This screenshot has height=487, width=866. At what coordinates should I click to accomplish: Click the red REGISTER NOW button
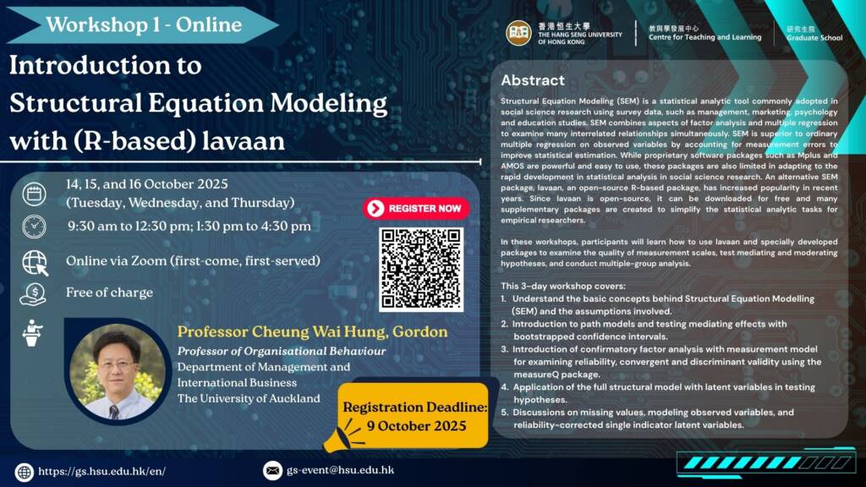click(416, 208)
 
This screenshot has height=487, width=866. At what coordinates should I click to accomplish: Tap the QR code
click(421, 269)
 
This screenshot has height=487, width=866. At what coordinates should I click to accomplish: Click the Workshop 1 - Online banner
click(142, 25)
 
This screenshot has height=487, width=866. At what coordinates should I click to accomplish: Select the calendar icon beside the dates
click(34, 194)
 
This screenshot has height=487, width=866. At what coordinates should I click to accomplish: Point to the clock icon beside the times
click(34, 227)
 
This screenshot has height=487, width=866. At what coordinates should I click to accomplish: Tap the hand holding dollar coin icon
click(33, 294)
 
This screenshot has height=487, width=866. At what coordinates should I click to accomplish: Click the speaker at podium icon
click(33, 333)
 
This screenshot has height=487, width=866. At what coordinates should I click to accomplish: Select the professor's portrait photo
click(118, 372)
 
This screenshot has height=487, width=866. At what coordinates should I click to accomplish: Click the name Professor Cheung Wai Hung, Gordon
click(312, 331)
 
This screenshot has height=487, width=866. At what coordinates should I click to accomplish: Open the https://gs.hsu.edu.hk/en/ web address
click(101, 472)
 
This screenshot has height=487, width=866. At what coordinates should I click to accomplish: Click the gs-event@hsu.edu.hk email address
click(340, 470)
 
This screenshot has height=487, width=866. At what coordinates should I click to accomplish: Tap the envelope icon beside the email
click(272, 470)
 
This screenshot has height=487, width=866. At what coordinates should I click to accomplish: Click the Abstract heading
click(533, 80)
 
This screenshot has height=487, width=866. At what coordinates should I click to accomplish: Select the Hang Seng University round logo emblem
click(518, 33)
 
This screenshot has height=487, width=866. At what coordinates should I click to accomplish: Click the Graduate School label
click(814, 38)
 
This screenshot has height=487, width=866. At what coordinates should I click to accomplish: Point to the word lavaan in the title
click(244, 141)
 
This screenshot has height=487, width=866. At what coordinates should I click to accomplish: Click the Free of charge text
click(109, 292)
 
